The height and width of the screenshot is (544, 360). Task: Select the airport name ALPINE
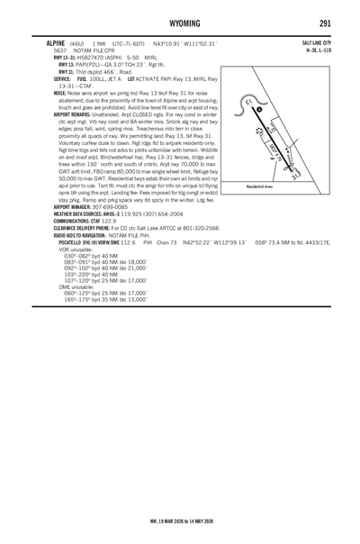pyautogui.click(x=17, y=42)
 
